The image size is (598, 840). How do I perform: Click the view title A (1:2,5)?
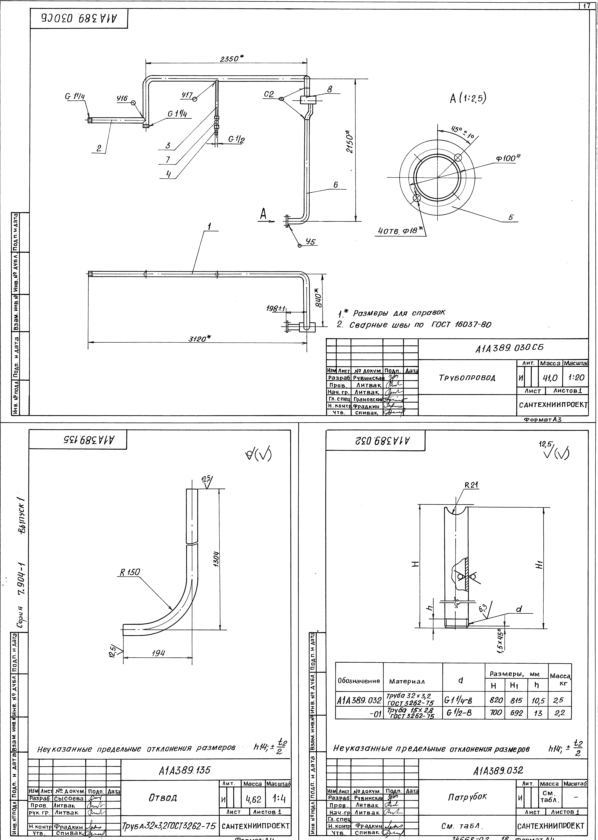pyautogui.click(x=468, y=98)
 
